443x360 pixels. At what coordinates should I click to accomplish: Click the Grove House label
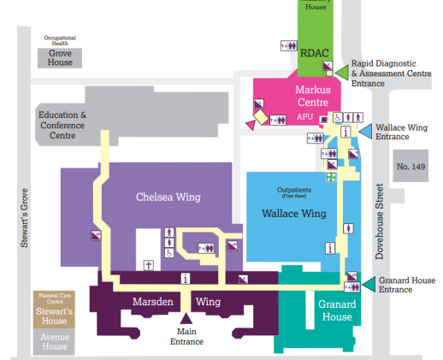(60, 56)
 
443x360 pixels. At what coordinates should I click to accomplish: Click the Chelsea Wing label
(168, 198)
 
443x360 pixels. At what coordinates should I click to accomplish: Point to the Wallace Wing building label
(294, 213)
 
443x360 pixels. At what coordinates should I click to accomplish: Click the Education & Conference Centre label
(62, 125)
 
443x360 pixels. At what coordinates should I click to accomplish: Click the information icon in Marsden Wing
(186, 278)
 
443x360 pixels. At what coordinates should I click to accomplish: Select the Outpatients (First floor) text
(294, 192)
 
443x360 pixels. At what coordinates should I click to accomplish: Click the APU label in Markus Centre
(305, 116)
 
